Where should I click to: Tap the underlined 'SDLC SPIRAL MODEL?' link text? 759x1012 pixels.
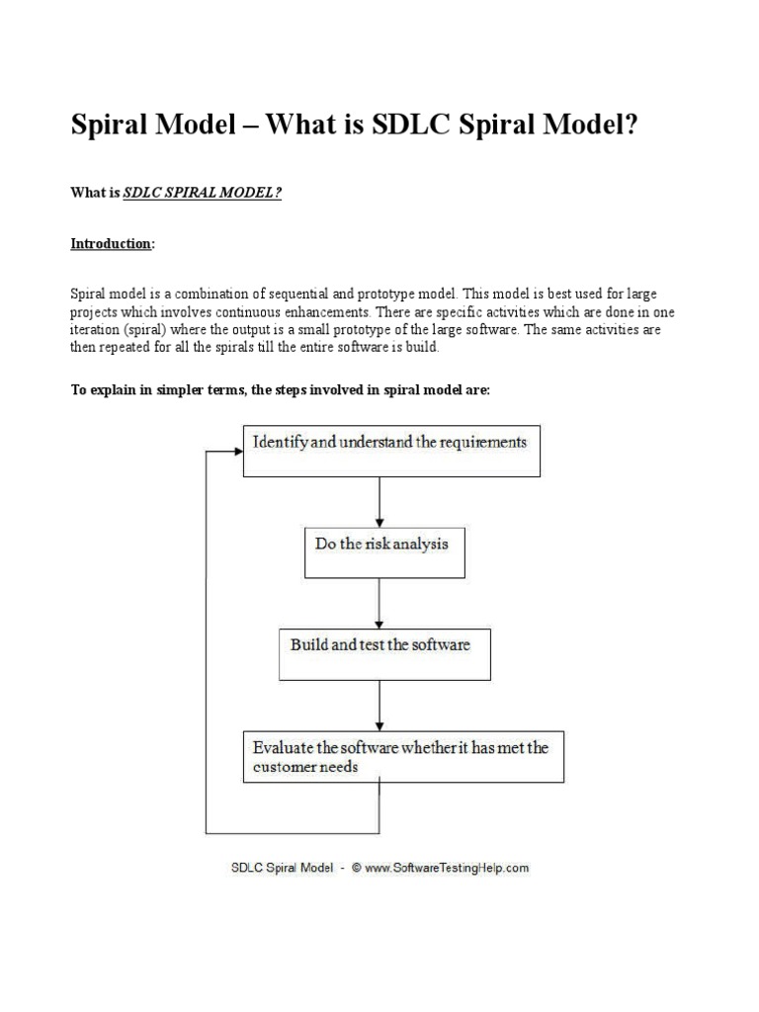click(x=203, y=193)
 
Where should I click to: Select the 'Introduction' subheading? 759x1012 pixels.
click(x=111, y=243)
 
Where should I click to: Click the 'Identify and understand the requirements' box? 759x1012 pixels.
click(x=391, y=451)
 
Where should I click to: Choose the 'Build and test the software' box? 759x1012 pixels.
click(x=384, y=652)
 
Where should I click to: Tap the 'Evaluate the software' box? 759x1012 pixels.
click(x=403, y=756)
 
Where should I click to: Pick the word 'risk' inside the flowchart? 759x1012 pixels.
click(x=373, y=543)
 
